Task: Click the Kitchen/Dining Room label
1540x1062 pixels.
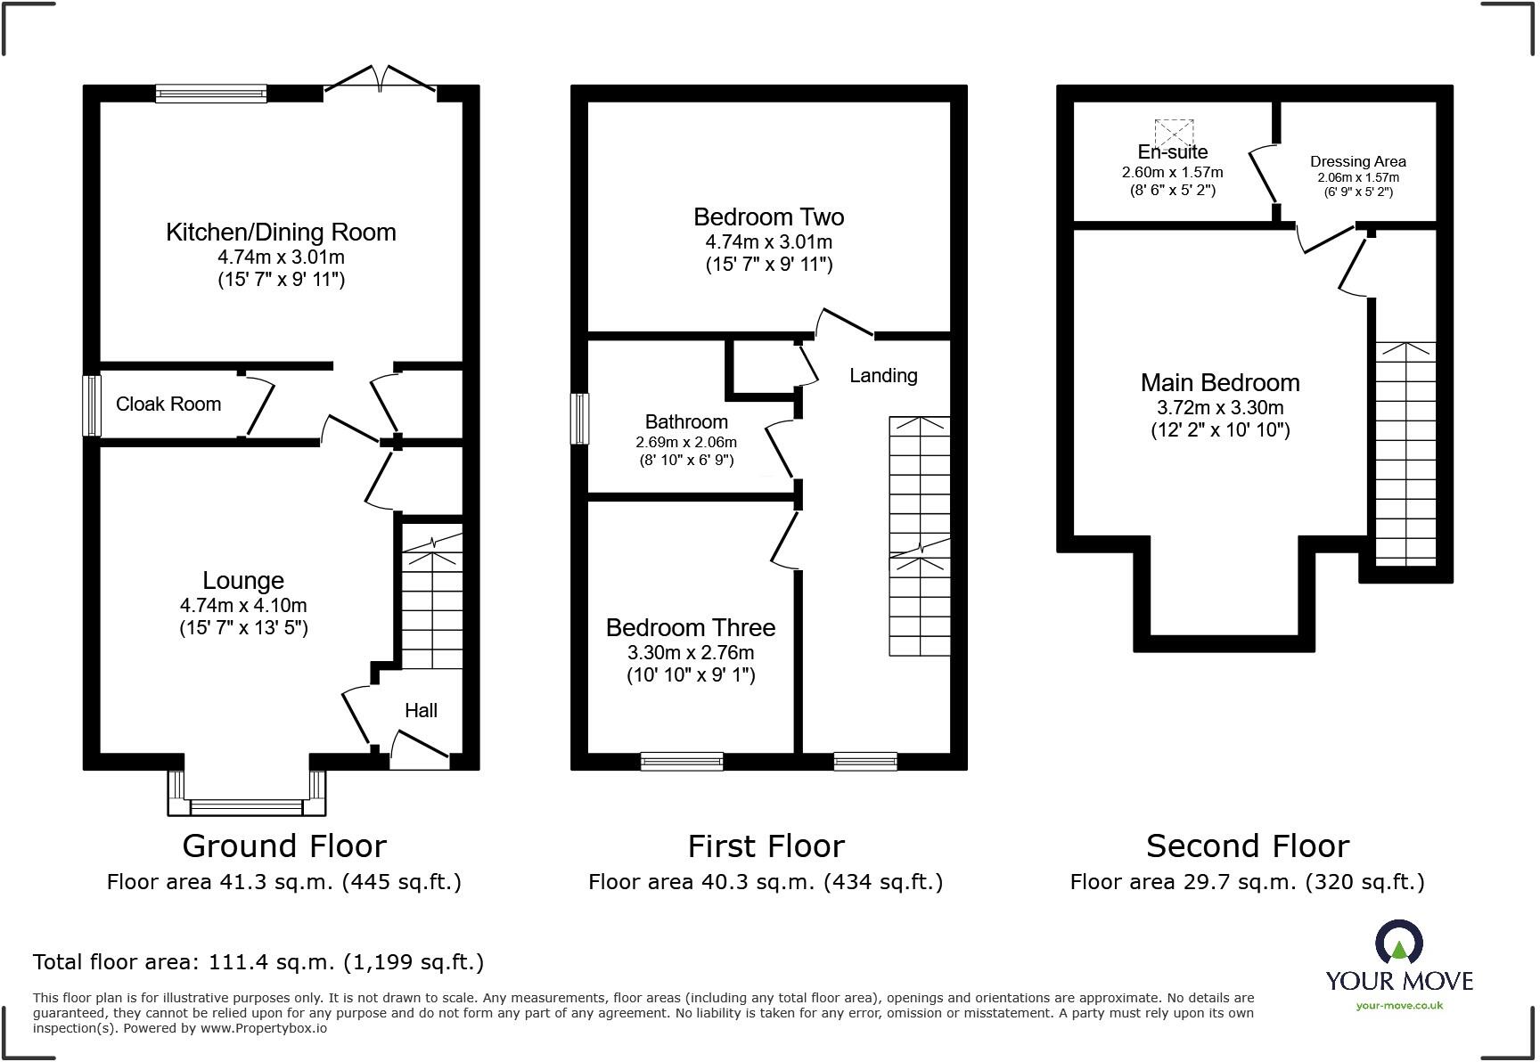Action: (x=281, y=233)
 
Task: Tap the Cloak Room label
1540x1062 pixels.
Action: (x=168, y=404)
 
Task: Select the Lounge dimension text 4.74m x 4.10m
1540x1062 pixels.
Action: (x=243, y=606)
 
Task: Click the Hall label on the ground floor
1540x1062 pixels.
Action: (x=421, y=710)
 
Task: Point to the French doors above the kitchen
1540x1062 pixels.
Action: (x=381, y=79)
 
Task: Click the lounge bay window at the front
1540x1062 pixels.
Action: (x=246, y=806)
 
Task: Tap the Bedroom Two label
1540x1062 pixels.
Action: (x=768, y=217)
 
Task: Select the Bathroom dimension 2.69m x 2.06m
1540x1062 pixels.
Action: (x=685, y=442)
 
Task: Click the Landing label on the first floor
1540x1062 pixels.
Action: (x=882, y=376)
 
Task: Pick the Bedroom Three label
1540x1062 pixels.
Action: (x=690, y=628)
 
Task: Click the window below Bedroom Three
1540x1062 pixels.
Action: (x=682, y=761)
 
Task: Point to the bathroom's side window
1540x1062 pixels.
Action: (x=580, y=419)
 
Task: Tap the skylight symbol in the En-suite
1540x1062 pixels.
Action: (x=1174, y=135)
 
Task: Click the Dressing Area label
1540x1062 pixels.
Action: (x=1357, y=161)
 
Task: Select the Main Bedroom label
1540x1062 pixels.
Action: (x=1219, y=383)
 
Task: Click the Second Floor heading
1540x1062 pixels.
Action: (x=1247, y=846)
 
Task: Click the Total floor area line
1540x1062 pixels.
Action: (x=258, y=962)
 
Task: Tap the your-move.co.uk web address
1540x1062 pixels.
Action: (x=1398, y=1006)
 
